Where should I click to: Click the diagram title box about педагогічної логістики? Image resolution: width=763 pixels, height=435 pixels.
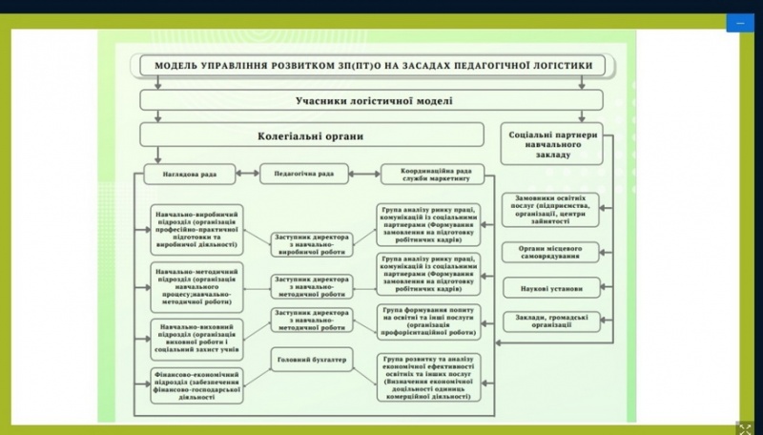[x=372, y=66]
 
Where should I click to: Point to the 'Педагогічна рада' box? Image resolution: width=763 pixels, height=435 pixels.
[x=304, y=175]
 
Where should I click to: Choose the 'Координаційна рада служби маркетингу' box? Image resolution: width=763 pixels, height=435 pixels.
[x=432, y=175]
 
